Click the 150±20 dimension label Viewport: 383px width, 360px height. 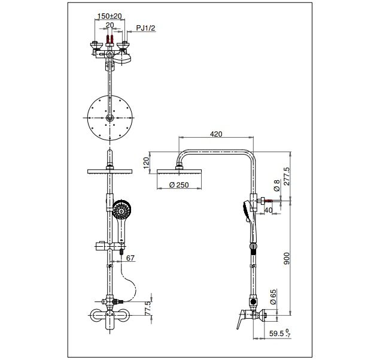point(109,15)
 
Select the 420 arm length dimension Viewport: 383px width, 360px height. point(216,134)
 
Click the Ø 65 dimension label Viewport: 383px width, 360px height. point(273,298)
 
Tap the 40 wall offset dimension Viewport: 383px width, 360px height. point(268,210)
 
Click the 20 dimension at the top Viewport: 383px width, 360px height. point(109,25)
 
